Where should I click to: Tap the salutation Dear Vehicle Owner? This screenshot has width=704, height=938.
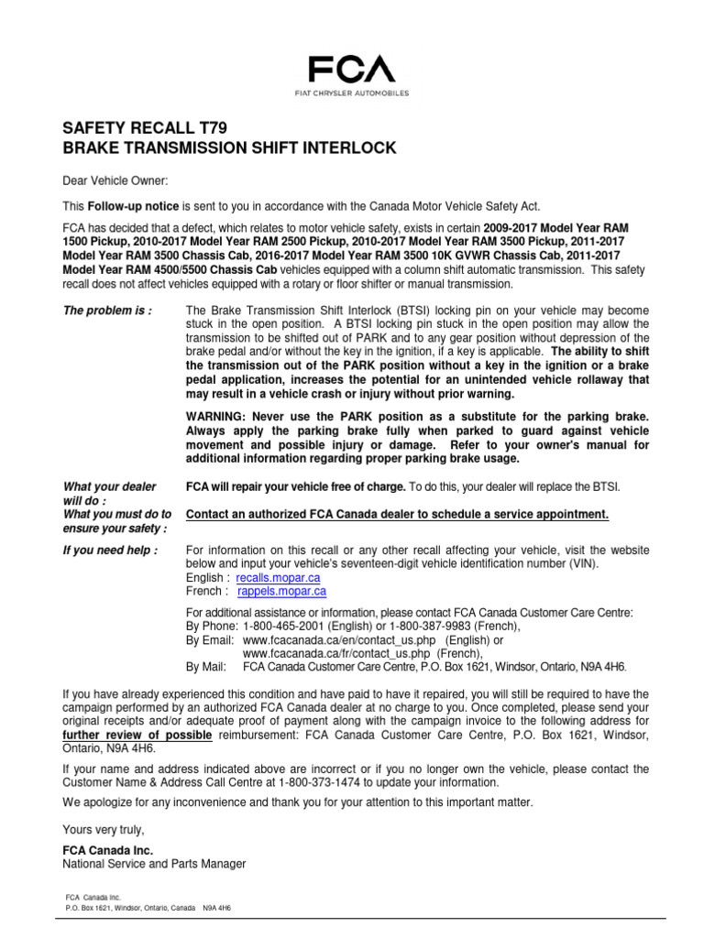(115, 181)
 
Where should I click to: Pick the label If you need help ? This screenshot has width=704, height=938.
(110, 550)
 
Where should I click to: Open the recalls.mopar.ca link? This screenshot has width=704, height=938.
(279, 579)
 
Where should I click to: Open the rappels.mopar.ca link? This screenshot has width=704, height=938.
(282, 592)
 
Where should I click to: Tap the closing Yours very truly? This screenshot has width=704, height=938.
(104, 829)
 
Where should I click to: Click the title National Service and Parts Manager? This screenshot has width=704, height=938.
(154, 864)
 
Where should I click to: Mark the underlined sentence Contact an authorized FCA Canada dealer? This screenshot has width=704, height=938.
(397, 515)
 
